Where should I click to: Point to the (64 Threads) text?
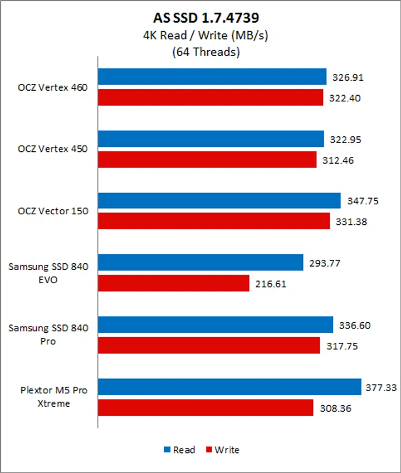(200, 53)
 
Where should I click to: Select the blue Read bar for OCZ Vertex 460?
(212, 77)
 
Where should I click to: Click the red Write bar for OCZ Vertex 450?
(207, 160)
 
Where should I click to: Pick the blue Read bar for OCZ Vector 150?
(219, 201)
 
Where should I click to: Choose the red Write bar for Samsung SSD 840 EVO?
(173, 284)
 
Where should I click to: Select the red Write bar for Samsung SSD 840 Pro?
(209, 346)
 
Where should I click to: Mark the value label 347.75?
(360, 201)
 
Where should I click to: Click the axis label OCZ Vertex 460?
(53, 87)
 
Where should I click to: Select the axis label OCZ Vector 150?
(53, 211)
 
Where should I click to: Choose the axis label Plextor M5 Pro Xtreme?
(48, 397)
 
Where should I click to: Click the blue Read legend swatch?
(167, 450)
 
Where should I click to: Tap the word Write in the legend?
(227, 450)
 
